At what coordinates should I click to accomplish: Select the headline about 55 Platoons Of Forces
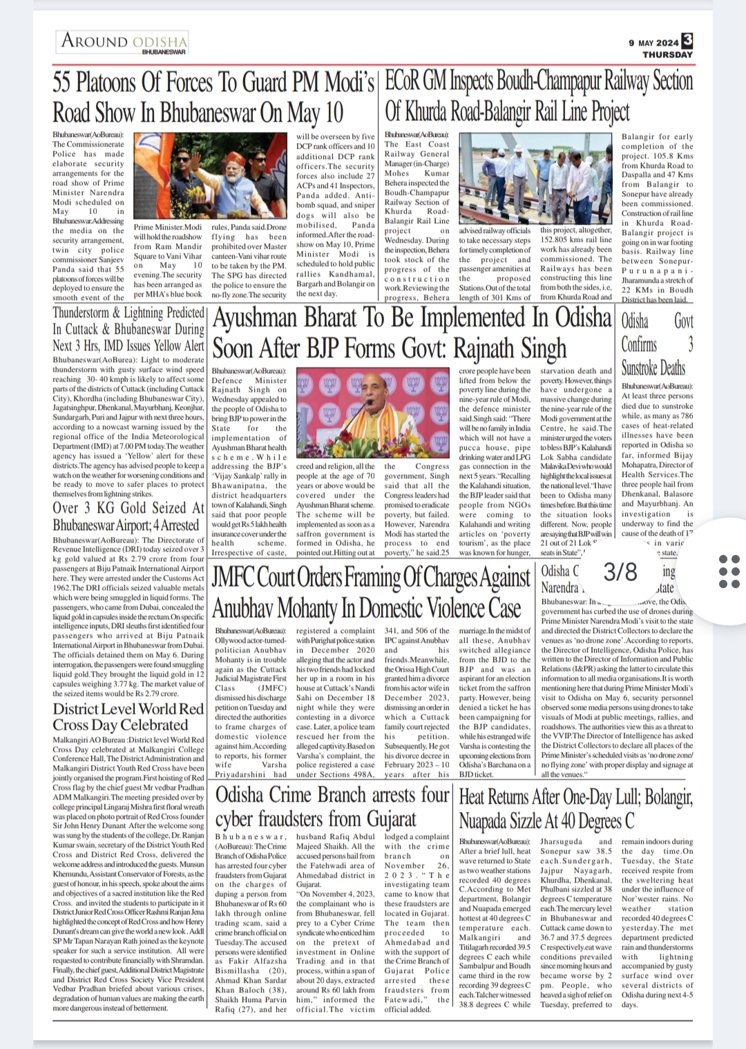214,96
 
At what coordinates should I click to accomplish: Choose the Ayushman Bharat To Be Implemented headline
412,332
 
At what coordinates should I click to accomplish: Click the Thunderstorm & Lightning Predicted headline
129,328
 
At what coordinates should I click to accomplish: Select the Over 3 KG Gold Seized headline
129,516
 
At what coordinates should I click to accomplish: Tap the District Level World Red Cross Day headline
128,717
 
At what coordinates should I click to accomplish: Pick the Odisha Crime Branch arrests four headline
332,806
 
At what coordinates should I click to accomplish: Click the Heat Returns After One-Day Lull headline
575,808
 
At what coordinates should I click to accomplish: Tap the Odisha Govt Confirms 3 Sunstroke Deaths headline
656,343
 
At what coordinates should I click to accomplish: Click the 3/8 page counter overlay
620,571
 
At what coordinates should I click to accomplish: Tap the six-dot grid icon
729,571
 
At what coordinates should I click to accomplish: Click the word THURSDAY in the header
667,54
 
